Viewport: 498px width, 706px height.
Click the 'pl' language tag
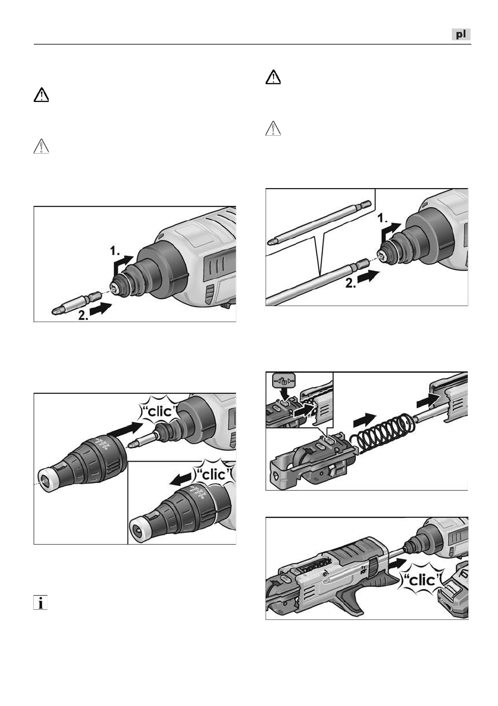461,34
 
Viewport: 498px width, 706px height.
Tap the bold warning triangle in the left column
41,95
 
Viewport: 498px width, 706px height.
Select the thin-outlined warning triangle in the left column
41,147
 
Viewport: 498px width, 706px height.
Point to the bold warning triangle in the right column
273,78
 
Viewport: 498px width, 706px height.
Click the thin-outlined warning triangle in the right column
273,129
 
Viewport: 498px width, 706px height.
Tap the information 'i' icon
40,602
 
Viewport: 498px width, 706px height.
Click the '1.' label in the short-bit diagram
115,251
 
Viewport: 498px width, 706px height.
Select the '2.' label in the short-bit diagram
84,315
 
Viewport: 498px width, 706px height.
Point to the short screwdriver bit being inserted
76,303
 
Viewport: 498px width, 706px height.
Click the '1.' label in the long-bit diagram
382,219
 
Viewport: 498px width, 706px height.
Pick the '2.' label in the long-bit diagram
351,283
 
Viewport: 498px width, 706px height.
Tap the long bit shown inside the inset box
320,223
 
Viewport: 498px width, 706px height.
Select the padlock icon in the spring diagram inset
284,381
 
